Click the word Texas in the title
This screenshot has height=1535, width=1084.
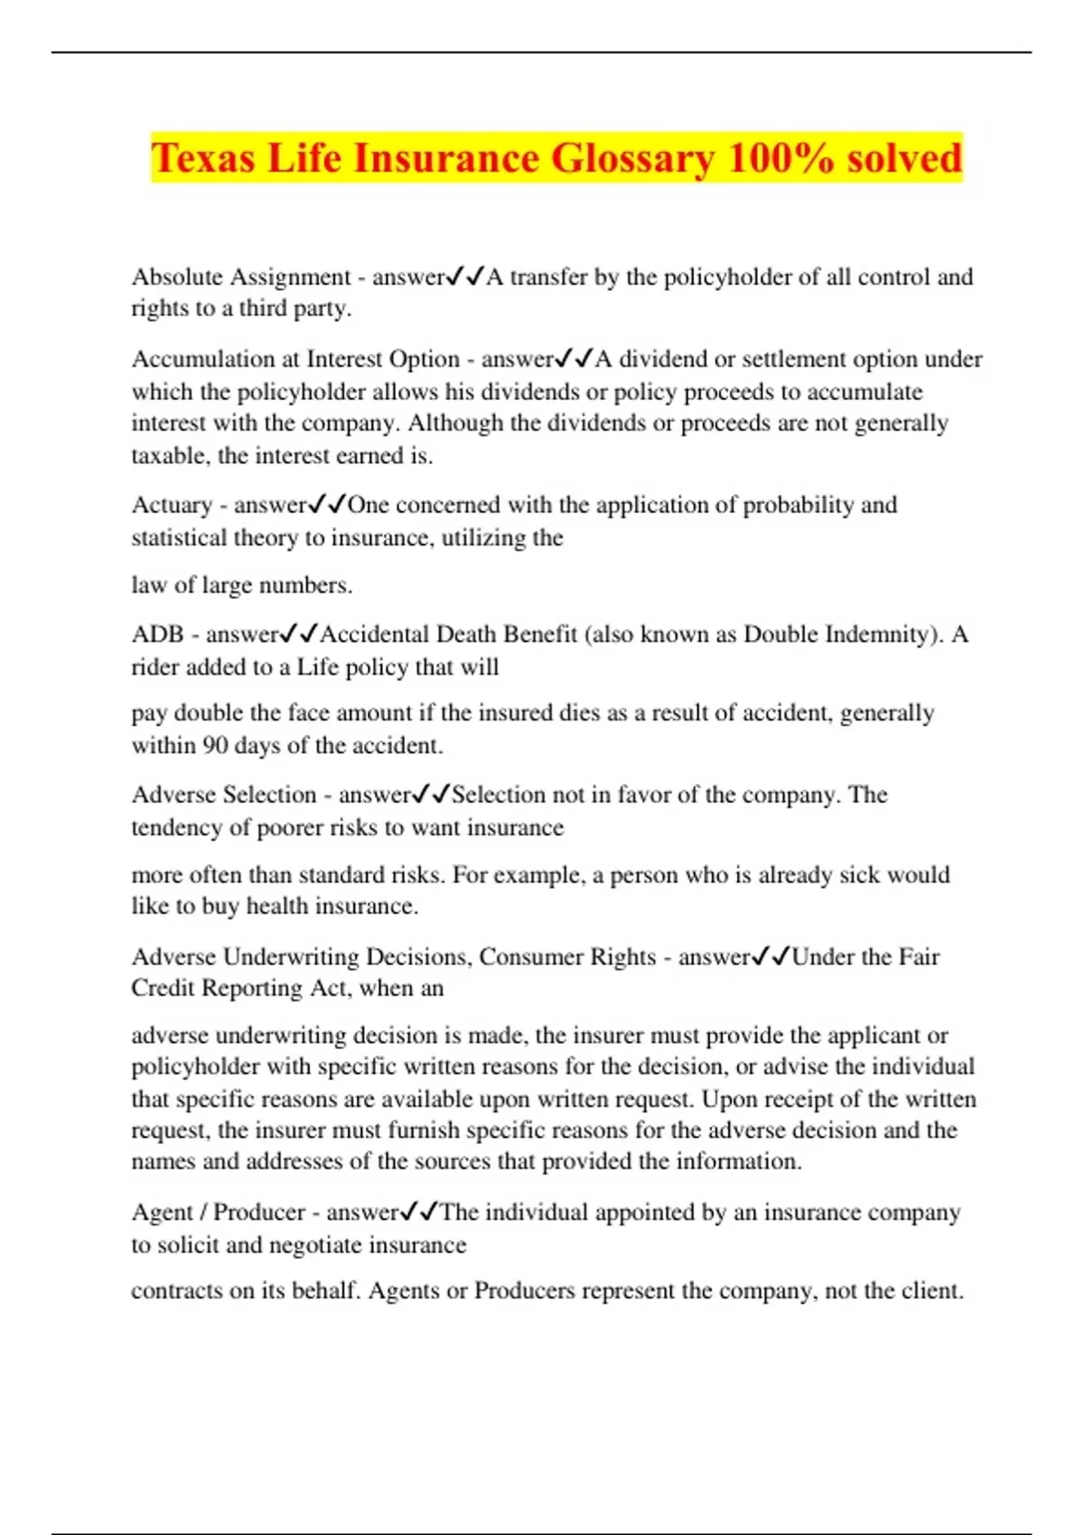point(203,158)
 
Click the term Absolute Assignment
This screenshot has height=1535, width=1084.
point(240,276)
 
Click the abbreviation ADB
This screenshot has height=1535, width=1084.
point(157,634)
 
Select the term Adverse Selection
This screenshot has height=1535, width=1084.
point(224,795)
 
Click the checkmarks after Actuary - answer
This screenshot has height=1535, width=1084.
point(327,505)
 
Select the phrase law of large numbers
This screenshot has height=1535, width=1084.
point(240,585)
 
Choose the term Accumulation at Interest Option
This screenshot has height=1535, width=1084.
point(295,359)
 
